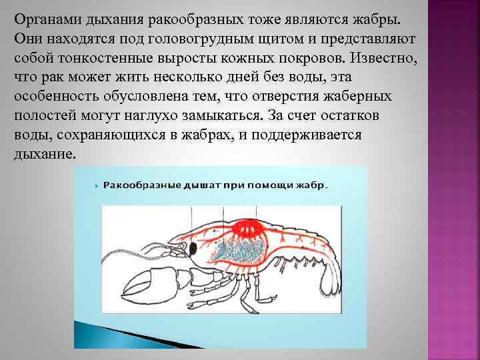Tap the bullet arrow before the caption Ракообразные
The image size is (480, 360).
click(97, 185)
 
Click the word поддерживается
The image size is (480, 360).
click(299, 135)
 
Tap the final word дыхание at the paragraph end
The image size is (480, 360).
click(44, 155)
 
